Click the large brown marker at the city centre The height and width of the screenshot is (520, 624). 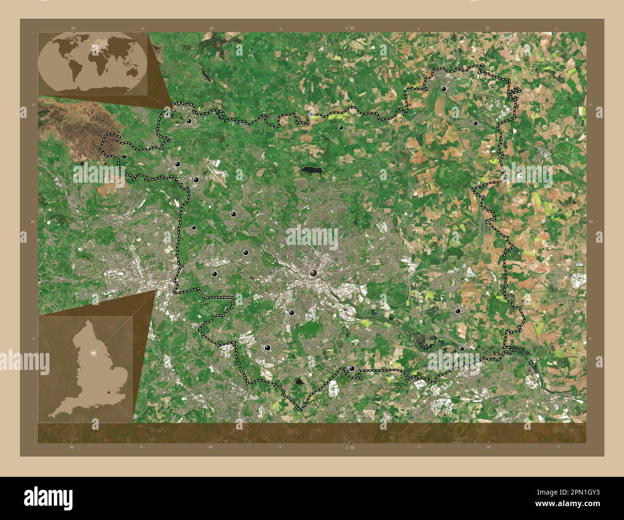pyautogui.click(x=313, y=273)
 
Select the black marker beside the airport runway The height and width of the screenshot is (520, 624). pyautogui.click(x=196, y=180)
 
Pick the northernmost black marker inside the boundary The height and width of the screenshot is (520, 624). pyautogui.click(x=444, y=89)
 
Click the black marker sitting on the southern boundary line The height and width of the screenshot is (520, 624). pyautogui.click(x=352, y=368)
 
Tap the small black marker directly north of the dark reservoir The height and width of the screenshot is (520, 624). pyautogui.click(x=341, y=128)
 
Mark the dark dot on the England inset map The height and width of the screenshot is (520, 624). pyautogui.click(x=108, y=393)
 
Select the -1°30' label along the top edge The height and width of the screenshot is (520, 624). pyautogui.click(x=349, y=28)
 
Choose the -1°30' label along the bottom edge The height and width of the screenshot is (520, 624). pyautogui.click(x=349, y=447)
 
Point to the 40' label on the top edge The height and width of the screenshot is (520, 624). pyautogui.click(x=211, y=28)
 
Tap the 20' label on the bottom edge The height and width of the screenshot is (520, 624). pyautogui.click(x=488, y=447)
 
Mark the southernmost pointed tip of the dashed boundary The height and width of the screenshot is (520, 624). pyautogui.click(x=300, y=411)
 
